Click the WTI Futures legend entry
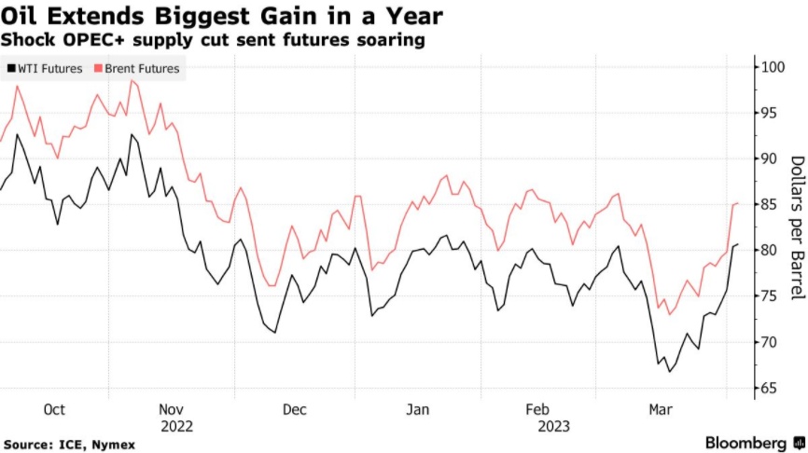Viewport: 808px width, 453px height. tap(48, 68)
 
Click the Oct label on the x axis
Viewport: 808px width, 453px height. tap(54, 408)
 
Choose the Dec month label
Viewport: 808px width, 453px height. tap(294, 408)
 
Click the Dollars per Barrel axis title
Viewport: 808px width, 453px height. tap(796, 227)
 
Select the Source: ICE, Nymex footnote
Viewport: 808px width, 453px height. tap(70, 445)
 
